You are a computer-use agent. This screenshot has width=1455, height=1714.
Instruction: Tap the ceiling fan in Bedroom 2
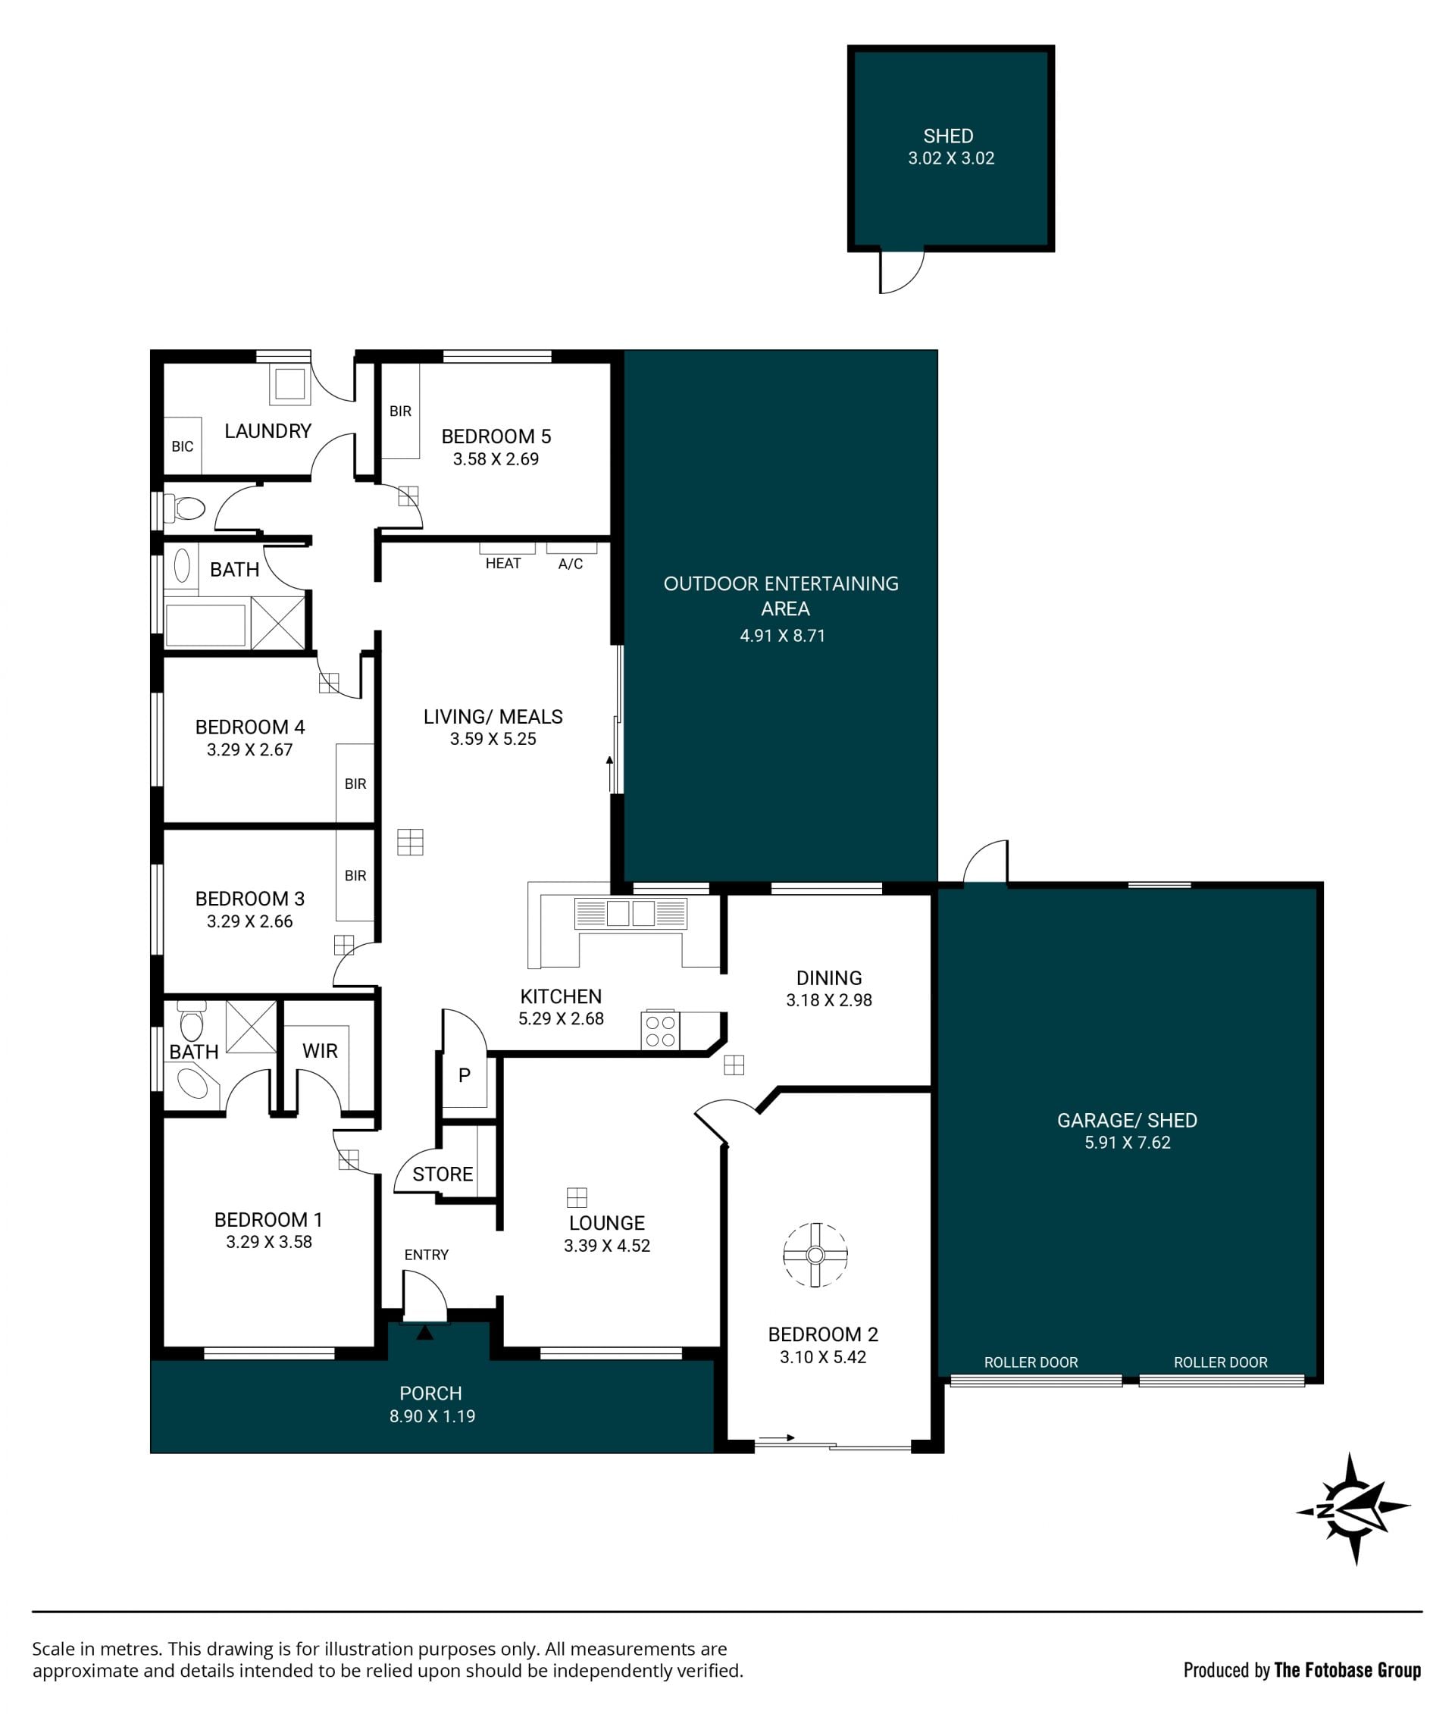pos(815,1256)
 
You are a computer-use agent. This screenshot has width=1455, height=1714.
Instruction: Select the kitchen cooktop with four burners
pos(661,1031)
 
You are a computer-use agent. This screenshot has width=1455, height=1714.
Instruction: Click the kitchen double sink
pos(631,913)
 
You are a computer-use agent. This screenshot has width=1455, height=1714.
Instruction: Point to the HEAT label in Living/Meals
pos(503,563)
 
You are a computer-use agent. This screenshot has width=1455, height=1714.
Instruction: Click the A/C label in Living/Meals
pos(571,563)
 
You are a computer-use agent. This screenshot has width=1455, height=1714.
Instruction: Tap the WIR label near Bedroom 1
pos(320,1051)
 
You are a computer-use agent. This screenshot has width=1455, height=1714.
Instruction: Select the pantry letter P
pos(465,1075)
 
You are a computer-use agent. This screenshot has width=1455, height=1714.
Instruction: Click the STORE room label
pos(443,1174)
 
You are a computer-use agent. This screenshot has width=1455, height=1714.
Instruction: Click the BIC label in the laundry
pos(183,446)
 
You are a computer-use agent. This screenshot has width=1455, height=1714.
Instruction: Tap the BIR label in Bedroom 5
pos(400,411)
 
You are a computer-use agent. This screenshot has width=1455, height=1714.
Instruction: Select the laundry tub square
pos(290,384)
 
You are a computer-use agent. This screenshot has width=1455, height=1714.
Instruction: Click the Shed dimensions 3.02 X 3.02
pos(951,158)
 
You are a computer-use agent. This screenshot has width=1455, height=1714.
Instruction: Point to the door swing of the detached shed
pos(902,272)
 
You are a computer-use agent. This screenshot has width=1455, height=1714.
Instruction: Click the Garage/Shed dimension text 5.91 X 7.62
pos(1128,1143)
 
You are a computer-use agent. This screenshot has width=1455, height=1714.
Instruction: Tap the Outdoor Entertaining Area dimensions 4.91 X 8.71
pos(782,635)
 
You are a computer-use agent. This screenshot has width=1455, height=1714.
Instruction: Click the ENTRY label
pos(427,1255)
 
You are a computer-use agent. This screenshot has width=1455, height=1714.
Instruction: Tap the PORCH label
pos(430,1393)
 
